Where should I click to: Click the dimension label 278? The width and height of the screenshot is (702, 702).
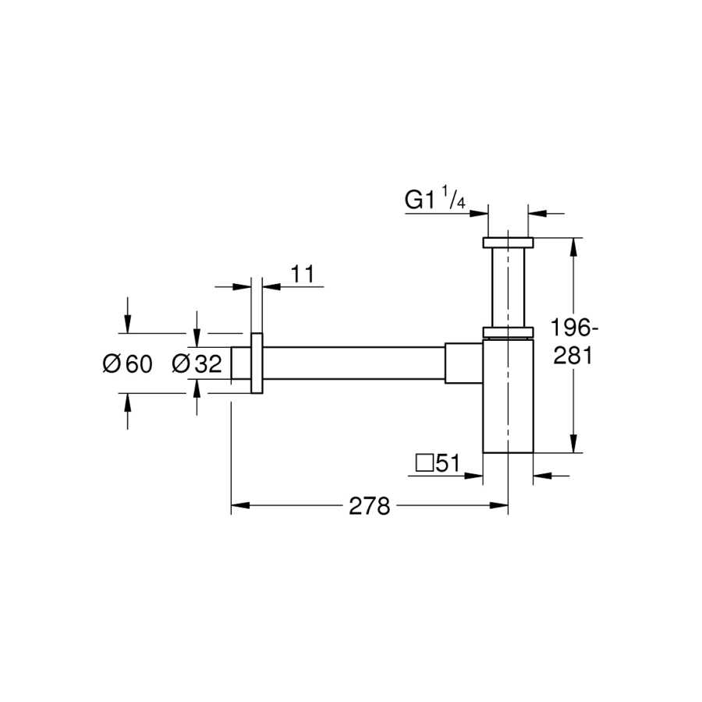[x=370, y=506]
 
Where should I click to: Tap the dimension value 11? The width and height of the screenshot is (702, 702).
[x=303, y=274]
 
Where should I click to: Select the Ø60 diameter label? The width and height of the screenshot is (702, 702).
[x=128, y=363]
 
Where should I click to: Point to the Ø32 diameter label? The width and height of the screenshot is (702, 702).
[x=197, y=363]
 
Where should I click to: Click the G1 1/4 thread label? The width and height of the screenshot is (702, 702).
[x=435, y=198]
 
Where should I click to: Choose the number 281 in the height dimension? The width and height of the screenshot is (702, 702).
[x=573, y=356]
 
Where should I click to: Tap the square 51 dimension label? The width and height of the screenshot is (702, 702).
[x=438, y=463]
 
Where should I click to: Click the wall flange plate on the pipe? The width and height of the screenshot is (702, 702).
[x=257, y=363]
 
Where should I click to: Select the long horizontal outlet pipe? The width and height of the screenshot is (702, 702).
[x=353, y=363]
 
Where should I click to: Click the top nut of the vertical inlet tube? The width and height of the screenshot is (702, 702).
[x=508, y=243]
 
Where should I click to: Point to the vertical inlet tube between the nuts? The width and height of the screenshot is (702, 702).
[x=508, y=287]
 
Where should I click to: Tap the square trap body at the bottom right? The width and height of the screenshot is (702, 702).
[x=508, y=397]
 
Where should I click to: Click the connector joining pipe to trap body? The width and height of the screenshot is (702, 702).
[x=464, y=363]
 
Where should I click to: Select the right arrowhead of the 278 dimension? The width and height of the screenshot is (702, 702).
[x=499, y=505]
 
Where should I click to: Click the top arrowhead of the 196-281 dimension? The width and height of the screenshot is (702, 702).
[x=573, y=247]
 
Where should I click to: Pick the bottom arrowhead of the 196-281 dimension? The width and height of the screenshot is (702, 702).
[x=573, y=443]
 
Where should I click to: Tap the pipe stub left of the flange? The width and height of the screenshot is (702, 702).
[x=241, y=363]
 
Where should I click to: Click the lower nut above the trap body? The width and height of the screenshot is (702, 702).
[x=508, y=331]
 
